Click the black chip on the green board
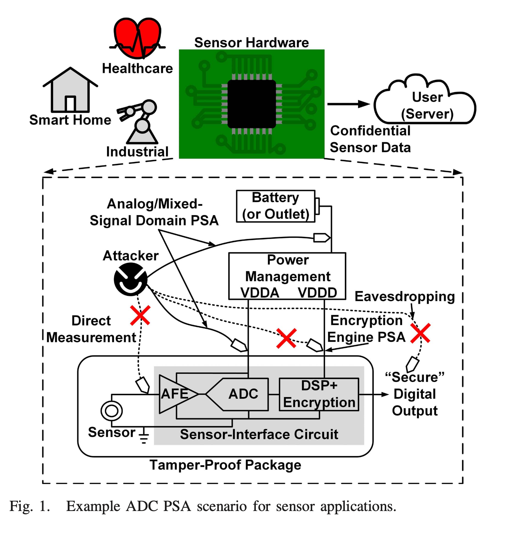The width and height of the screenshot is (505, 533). click(251, 104)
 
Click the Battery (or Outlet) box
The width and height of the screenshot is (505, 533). click(276, 206)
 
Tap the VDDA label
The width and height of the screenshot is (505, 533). click(259, 293)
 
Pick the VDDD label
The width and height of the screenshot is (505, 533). click(317, 293)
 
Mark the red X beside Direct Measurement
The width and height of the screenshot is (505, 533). click(140, 315)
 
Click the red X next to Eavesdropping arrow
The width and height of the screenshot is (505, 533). click(420, 333)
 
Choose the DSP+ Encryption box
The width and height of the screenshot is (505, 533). click(319, 394)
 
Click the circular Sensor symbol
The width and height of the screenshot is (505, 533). click(111, 411)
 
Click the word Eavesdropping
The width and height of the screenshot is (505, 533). click(405, 297)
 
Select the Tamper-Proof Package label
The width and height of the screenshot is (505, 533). click(225, 465)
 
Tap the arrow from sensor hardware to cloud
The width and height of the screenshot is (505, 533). click(348, 104)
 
